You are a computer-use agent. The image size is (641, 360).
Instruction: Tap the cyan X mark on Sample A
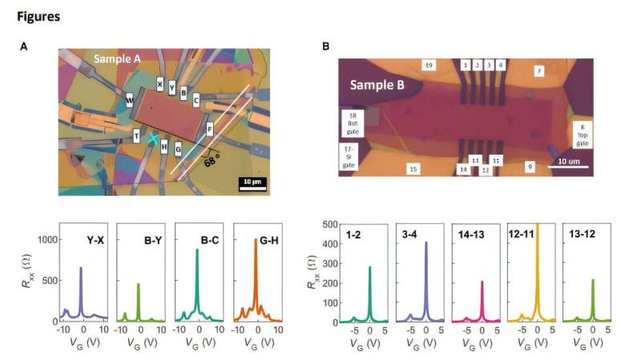(x=153, y=138)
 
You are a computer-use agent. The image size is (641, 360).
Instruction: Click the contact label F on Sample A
(x=209, y=128)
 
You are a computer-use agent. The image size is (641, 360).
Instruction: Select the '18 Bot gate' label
(x=350, y=119)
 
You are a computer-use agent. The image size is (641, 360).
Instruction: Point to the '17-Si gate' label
(x=349, y=155)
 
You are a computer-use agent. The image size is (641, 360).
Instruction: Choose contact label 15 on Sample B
(x=413, y=168)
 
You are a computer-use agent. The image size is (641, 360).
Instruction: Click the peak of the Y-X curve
(x=81, y=269)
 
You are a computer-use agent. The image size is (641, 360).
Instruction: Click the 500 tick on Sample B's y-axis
(x=327, y=225)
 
